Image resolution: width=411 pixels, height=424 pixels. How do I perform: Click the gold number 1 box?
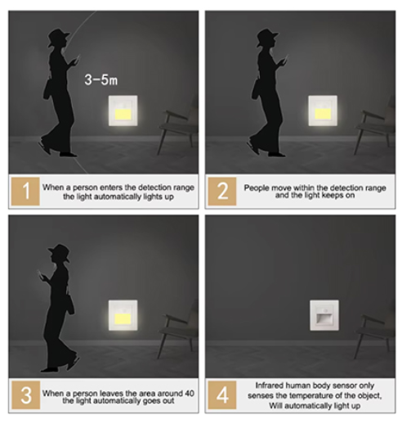click(25, 191)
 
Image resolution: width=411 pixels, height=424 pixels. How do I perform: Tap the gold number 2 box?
click(222, 191)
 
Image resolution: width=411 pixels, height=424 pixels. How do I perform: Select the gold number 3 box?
click(25, 395)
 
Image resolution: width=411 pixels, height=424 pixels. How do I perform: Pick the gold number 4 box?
click(222, 395)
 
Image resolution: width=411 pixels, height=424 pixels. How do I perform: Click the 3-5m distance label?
click(101, 80)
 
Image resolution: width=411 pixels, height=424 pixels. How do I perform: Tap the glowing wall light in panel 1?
click(123, 111)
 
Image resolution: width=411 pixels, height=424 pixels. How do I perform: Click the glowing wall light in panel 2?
click(323, 111)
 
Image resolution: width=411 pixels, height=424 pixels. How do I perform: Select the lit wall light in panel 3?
click(123, 315)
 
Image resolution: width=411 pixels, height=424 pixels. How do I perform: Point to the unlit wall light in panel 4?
click(324, 315)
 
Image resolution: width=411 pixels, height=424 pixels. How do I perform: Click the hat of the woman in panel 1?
click(58, 36)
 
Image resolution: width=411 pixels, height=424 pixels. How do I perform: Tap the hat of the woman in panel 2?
click(266, 36)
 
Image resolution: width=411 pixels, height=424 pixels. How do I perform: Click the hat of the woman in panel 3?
click(60, 251)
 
